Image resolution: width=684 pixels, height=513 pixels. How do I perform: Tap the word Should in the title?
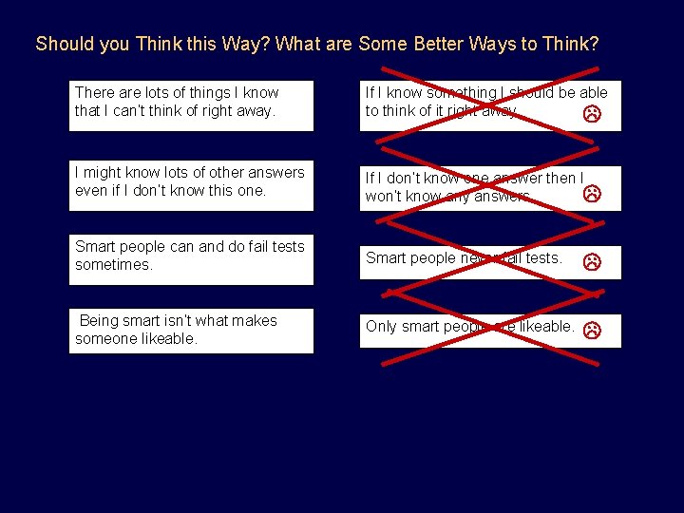click(x=58, y=44)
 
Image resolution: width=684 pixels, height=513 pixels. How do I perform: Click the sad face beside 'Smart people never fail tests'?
click(x=591, y=260)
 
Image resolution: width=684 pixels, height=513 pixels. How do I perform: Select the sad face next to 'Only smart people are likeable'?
click(x=591, y=331)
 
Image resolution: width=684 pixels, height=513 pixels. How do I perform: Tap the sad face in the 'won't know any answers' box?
click(x=591, y=194)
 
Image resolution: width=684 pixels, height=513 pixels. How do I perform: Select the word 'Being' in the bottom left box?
click(x=99, y=321)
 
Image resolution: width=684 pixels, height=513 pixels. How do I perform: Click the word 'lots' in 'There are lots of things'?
click(x=155, y=93)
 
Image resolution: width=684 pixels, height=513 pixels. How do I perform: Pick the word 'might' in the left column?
click(x=103, y=172)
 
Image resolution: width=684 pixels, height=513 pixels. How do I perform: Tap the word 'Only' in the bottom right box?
click(x=381, y=327)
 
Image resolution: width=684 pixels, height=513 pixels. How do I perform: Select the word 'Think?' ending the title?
click(x=570, y=44)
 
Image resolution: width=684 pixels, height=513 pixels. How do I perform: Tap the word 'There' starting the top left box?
click(x=94, y=93)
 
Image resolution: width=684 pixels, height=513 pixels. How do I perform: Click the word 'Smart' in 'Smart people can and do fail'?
click(x=95, y=247)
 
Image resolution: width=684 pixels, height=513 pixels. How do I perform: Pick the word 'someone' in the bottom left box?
click(x=105, y=339)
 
